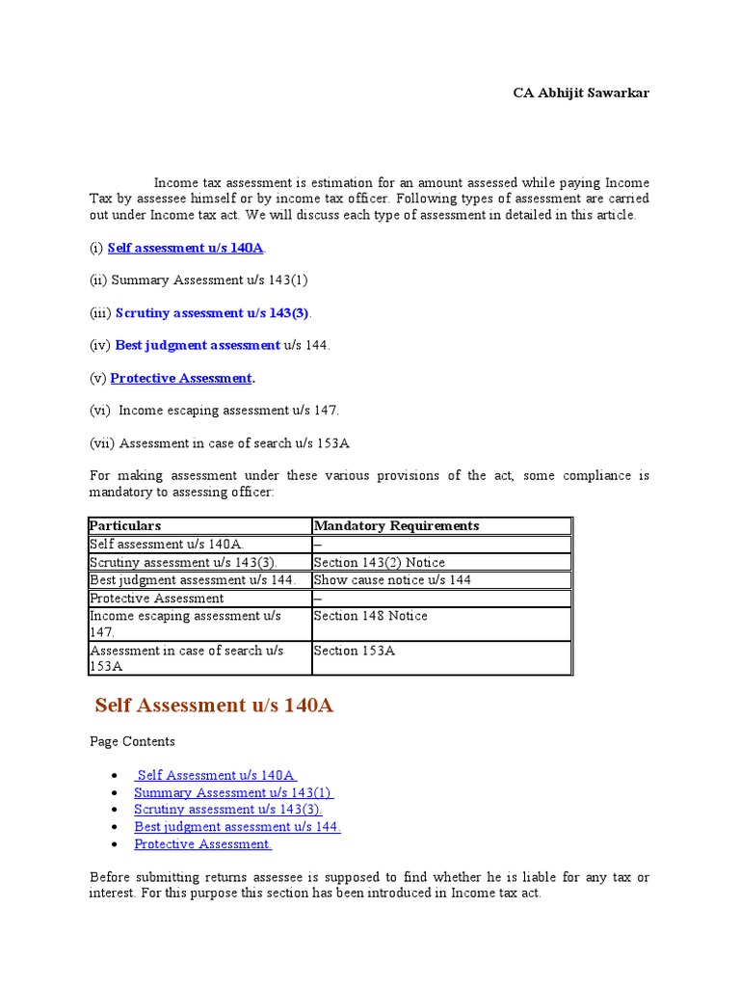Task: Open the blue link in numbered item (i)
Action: [185, 248]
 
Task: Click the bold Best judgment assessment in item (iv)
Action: [198, 345]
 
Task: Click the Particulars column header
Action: [125, 526]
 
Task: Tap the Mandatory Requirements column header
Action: [396, 526]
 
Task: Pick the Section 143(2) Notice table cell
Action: [379, 563]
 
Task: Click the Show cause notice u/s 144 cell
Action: [392, 580]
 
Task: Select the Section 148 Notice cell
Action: [370, 616]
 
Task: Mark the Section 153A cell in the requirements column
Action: [354, 651]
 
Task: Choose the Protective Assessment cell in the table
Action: [156, 599]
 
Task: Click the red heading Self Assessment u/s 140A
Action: [214, 706]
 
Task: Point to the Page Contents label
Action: [132, 742]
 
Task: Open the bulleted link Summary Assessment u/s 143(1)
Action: [233, 792]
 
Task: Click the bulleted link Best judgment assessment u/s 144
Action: [237, 827]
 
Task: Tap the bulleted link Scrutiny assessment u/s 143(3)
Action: [227, 810]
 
